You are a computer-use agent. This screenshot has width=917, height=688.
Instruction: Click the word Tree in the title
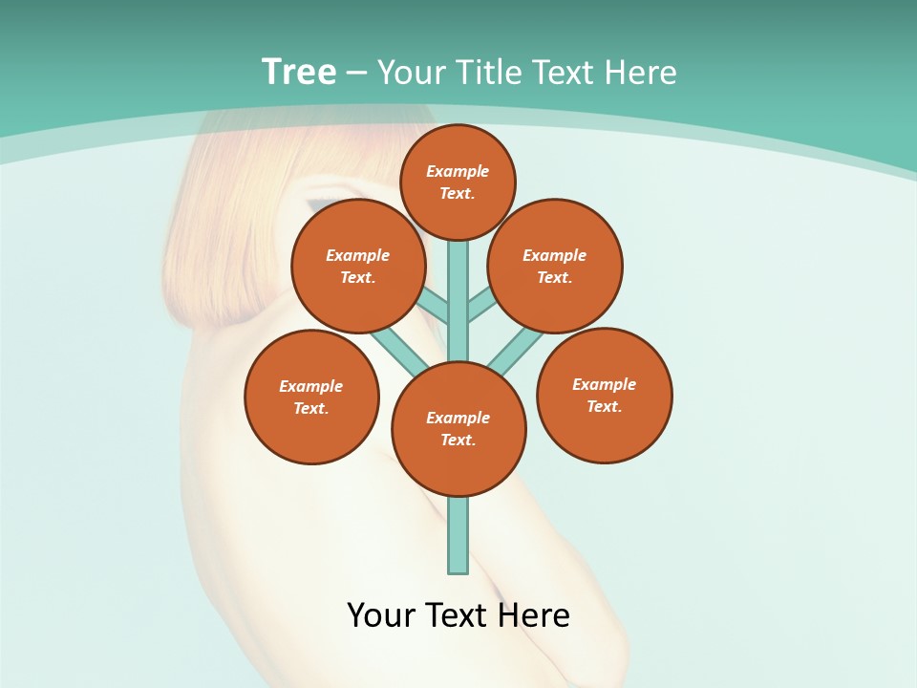(299, 72)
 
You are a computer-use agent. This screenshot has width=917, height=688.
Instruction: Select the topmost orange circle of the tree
(458, 182)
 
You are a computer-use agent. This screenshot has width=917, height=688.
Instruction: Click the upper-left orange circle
(358, 266)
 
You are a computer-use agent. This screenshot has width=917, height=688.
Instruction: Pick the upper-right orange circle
(555, 266)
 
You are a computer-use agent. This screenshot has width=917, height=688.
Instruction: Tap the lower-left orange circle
(311, 397)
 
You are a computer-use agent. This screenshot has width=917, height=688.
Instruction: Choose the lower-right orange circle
(604, 395)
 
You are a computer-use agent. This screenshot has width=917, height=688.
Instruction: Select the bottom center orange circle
(458, 429)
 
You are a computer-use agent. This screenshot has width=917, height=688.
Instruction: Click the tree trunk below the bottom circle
(458, 535)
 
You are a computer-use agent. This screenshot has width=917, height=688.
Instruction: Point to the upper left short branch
(435, 307)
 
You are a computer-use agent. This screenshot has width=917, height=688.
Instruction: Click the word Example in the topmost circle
(458, 171)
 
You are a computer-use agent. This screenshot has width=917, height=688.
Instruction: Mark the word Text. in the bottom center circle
(458, 441)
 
